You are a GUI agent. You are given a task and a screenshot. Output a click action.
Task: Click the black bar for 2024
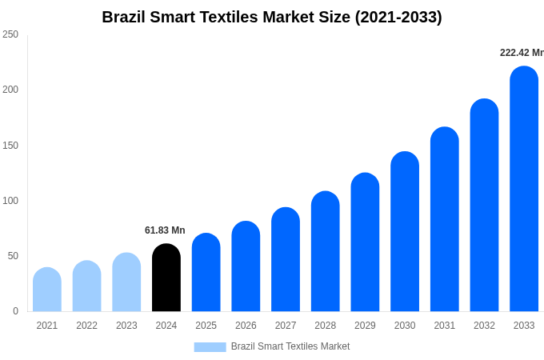[166, 278]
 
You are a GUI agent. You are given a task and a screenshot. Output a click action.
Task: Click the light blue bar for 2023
[126, 282]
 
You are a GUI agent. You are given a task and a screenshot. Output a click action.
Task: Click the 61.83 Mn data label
[165, 230]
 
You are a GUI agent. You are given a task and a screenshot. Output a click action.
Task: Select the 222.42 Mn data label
[522, 53]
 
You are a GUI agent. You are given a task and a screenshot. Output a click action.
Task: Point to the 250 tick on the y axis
[10, 34]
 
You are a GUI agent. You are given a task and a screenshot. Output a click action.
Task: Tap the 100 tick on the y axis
[10, 201]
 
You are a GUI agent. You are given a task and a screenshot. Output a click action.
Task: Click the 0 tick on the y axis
[15, 311]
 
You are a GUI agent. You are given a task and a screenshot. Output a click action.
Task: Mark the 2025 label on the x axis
[206, 326]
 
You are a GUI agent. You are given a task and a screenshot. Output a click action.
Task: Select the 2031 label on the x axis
[445, 326]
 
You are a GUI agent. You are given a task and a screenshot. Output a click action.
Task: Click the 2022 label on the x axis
[86, 326]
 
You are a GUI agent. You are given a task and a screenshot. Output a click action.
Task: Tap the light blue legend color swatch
[210, 346]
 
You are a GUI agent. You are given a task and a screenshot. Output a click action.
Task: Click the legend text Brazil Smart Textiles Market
[290, 346]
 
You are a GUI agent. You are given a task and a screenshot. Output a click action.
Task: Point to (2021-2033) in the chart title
[398, 17]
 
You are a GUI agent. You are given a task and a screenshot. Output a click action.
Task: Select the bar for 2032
[484, 206]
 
